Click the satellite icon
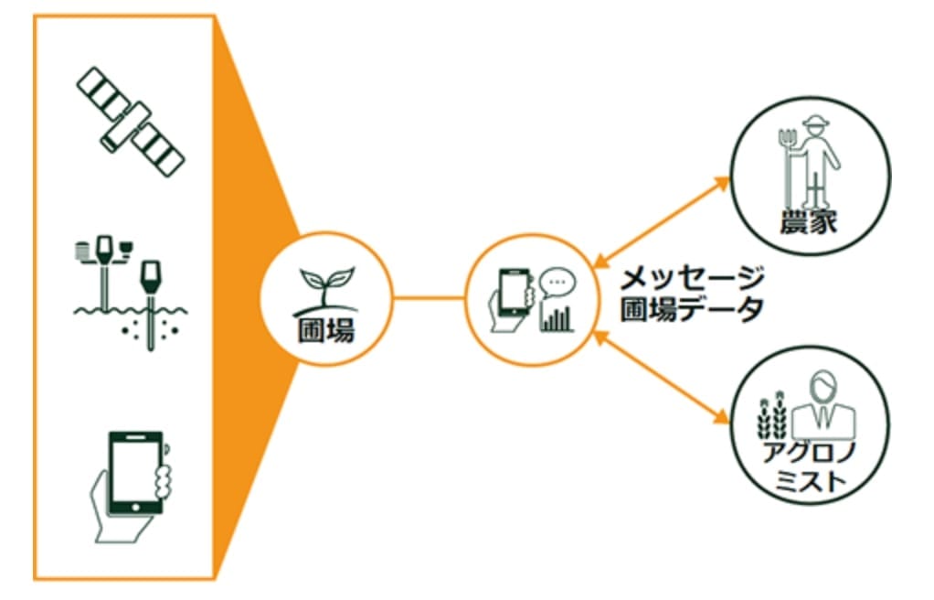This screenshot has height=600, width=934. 131,122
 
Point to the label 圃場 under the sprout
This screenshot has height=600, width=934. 326,330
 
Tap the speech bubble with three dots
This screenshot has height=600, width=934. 557,284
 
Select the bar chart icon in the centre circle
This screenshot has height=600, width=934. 557,318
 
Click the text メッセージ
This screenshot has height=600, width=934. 692,279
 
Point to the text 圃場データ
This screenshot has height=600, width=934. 692,309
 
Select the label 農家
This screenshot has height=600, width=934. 808,221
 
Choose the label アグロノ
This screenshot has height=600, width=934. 808,453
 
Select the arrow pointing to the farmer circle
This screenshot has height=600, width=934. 662,221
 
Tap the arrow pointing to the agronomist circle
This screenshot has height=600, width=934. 662,378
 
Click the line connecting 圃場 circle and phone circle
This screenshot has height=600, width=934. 429,297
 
